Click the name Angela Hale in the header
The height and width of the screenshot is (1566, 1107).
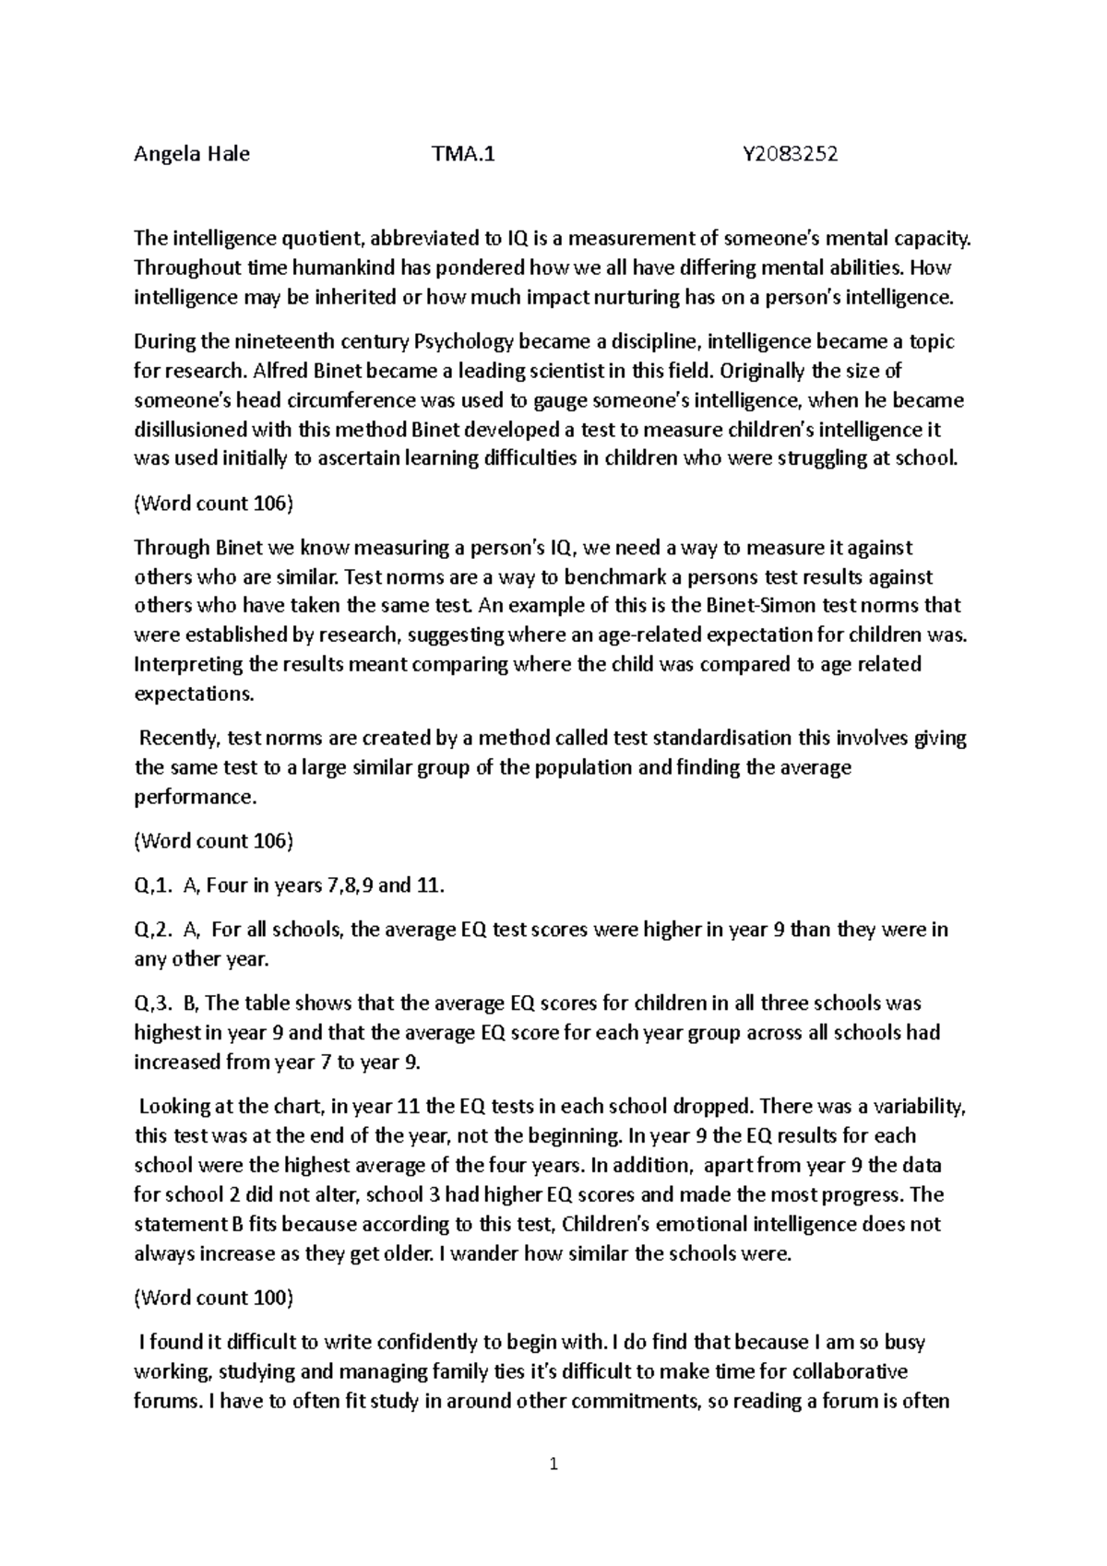[x=192, y=154]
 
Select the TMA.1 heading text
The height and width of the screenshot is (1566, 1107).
[x=463, y=154]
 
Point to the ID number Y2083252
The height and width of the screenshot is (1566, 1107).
[x=791, y=154]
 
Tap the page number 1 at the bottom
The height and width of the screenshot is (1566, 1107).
[x=553, y=1464]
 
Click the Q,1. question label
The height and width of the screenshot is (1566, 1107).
[x=153, y=886]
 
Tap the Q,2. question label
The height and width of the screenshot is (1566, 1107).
[x=153, y=930]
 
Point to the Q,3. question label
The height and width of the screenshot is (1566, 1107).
[x=153, y=1003]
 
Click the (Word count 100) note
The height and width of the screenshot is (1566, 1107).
[x=214, y=1299]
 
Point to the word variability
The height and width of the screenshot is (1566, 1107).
[x=918, y=1107]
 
